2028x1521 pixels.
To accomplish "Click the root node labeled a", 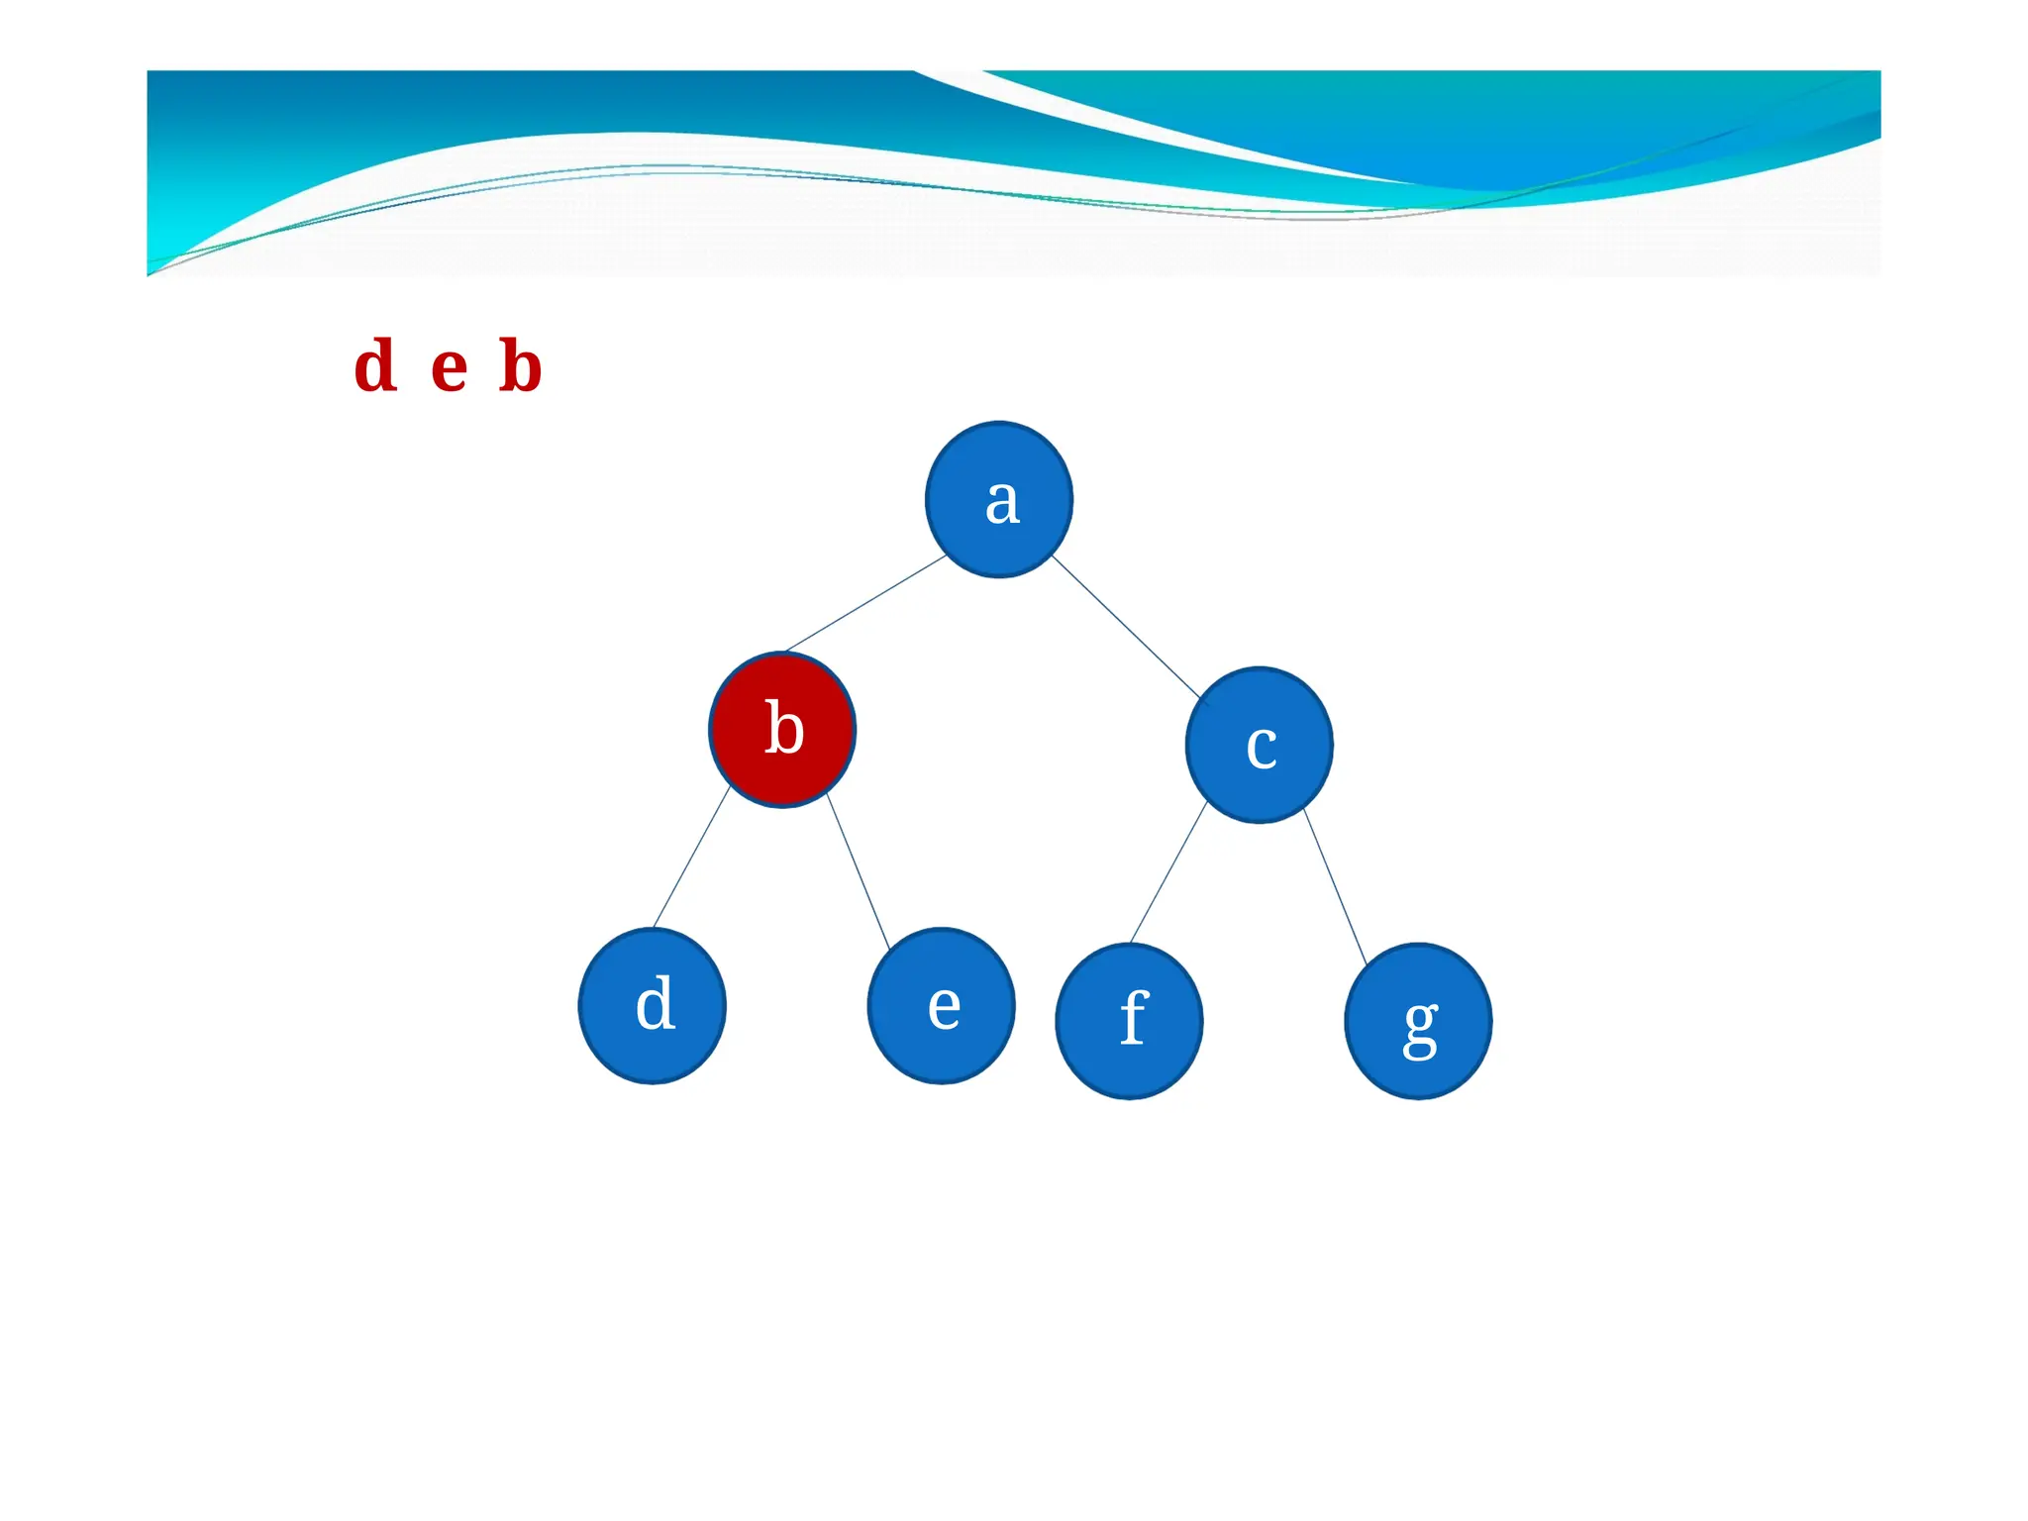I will click(x=998, y=500).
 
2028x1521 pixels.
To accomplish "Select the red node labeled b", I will click(x=782, y=730).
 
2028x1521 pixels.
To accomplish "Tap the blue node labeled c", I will click(x=1259, y=745).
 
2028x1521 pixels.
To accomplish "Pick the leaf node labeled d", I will click(x=653, y=1006).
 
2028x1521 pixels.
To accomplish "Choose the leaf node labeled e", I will click(x=941, y=1006).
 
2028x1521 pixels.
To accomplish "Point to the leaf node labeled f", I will click(x=1129, y=1021).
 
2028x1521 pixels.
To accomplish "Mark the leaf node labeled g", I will click(x=1418, y=1021).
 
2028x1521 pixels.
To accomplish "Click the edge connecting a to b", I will click(x=865, y=603).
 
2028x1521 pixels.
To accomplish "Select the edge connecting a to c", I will click(x=1126, y=626).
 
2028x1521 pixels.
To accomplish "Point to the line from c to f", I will click(x=1168, y=872).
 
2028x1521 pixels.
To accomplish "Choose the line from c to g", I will click(x=1335, y=886).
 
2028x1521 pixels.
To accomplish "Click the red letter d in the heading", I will click(x=376, y=366).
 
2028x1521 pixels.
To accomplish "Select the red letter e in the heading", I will click(x=449, y=368).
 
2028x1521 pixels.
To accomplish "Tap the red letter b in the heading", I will click(x=521, y=366).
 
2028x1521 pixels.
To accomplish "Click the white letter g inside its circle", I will click(x=1421, y=1028).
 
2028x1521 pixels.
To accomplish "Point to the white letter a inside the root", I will click(x=1002, y=502).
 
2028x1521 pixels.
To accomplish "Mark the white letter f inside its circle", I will click(x=1134, y=1018).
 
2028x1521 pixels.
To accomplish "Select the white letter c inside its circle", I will click(x=1262, y=747).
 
